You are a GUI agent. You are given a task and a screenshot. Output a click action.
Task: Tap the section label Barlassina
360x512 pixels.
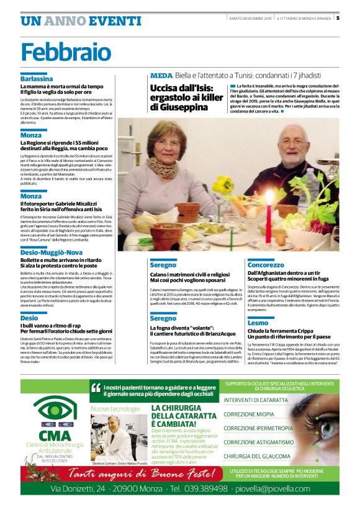click(x=37, y=79)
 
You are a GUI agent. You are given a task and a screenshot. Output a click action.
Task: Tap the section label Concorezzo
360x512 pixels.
click(x=266, y=264)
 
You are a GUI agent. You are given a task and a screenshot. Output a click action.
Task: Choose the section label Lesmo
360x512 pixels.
click(x=258, y=323)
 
